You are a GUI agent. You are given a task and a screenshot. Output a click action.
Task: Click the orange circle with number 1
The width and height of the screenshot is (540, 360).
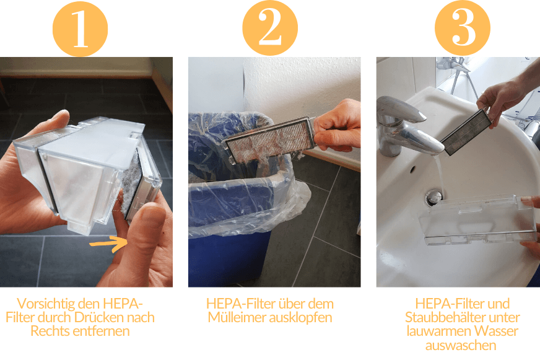tap(81, 28)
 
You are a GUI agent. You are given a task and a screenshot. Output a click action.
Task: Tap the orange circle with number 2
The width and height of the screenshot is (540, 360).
tap(270, 28)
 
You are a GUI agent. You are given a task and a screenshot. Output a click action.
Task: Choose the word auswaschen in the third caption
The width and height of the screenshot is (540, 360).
tap(460, 345)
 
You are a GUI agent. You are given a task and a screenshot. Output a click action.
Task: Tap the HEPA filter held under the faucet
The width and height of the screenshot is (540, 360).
tap(465, 131)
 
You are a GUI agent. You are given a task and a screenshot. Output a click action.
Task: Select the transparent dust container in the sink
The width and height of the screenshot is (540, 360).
tap(476, 219)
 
